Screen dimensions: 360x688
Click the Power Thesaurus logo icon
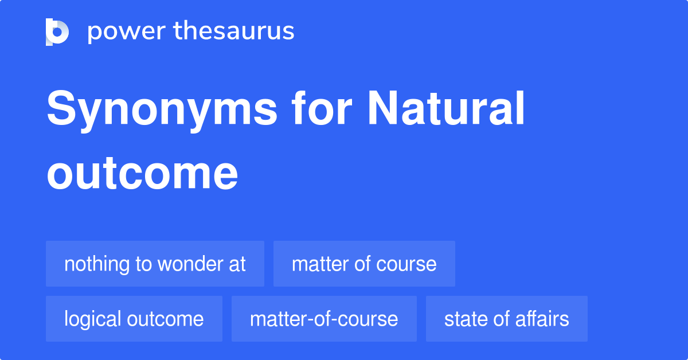(57, 32)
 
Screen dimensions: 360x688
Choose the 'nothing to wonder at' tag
(155, 264)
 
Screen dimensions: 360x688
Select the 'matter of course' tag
(364, 264)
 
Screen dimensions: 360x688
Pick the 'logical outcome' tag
(134, 319)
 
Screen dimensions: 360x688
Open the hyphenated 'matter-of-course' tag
(324, 319)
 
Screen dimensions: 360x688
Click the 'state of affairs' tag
(506, 319)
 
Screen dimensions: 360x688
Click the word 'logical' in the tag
(92, 319)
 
